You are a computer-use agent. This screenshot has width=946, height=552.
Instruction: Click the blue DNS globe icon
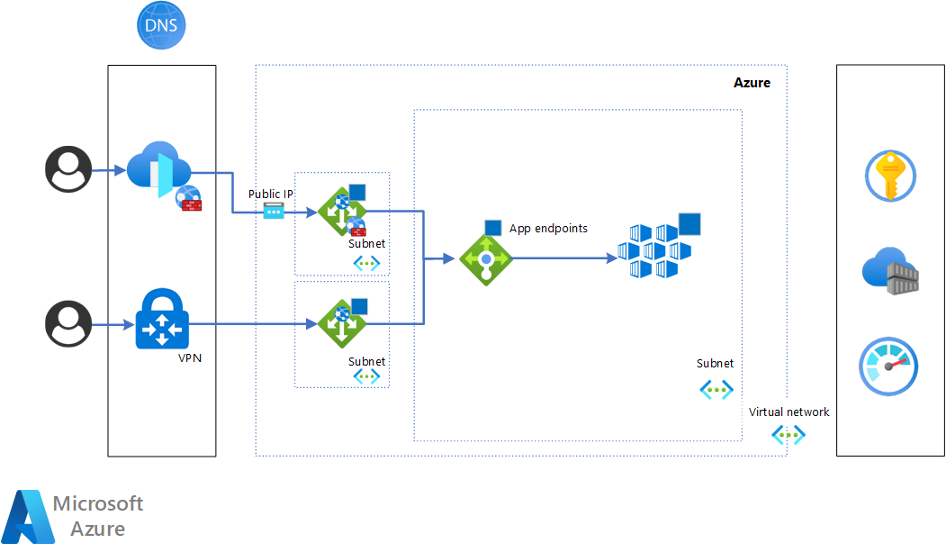point(161,25)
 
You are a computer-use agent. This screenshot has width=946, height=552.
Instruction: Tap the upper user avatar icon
point(69,169)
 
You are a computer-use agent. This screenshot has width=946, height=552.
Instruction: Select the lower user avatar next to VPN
point(69,324)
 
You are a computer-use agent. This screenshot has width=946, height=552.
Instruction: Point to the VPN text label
point(191,357)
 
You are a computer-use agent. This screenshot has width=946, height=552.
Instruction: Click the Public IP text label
point(271,195)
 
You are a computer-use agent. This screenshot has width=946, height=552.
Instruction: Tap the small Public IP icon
point(274,212)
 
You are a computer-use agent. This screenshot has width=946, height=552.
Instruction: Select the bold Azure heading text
point(752,83)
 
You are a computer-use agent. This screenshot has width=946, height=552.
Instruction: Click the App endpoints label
point(548,229)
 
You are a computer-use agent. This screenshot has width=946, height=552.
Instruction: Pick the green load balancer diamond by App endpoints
point(486,258)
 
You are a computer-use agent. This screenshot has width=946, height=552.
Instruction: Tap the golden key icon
point(889,176)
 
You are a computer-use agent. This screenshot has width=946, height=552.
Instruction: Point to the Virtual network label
point(788,412)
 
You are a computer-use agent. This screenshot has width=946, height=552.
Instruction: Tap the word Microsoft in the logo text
point(98,503)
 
